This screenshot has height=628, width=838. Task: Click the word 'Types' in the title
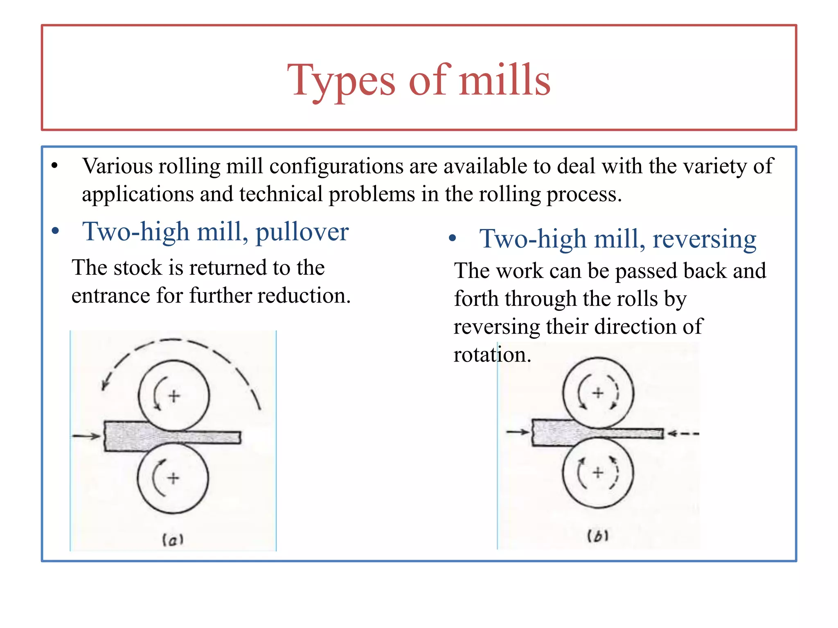click(341, 81)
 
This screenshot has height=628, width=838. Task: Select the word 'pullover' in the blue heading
click(302, 232)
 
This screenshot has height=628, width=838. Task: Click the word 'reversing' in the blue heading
click(704, 239)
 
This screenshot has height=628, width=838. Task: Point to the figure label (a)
click(173, 540)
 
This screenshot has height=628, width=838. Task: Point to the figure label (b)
click(598, 536)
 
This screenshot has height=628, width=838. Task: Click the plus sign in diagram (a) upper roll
click(174, 396)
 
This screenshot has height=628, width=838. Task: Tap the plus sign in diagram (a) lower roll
click(173, 478)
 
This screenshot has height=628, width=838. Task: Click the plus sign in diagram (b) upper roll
click(598, 393)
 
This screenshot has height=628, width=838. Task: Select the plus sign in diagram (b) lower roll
click(598, 473)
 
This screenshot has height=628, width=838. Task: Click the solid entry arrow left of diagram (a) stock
click(86, 436)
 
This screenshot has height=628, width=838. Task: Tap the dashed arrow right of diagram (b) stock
click(683, 433)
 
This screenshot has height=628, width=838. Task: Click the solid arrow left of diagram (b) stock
click(518, 432)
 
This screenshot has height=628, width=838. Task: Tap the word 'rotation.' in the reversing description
click(492, 354)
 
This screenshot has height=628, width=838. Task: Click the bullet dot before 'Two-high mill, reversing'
click(452, 238)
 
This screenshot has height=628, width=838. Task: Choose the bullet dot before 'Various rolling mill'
click(55, 166)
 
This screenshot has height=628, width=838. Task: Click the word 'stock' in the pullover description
click(138, 268)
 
